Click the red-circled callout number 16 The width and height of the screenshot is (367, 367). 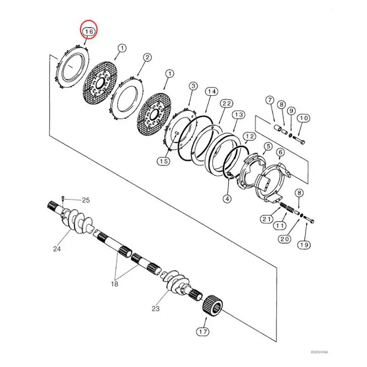click(88, 31)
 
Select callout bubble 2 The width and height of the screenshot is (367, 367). click(147, 58)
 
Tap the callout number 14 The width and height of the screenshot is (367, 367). click(211, 92)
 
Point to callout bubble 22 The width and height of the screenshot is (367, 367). click(226, 104)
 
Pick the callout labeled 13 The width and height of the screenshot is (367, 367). click(238, 115)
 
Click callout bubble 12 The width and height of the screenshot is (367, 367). click(249, 137)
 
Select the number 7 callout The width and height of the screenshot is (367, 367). click(270, 100)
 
